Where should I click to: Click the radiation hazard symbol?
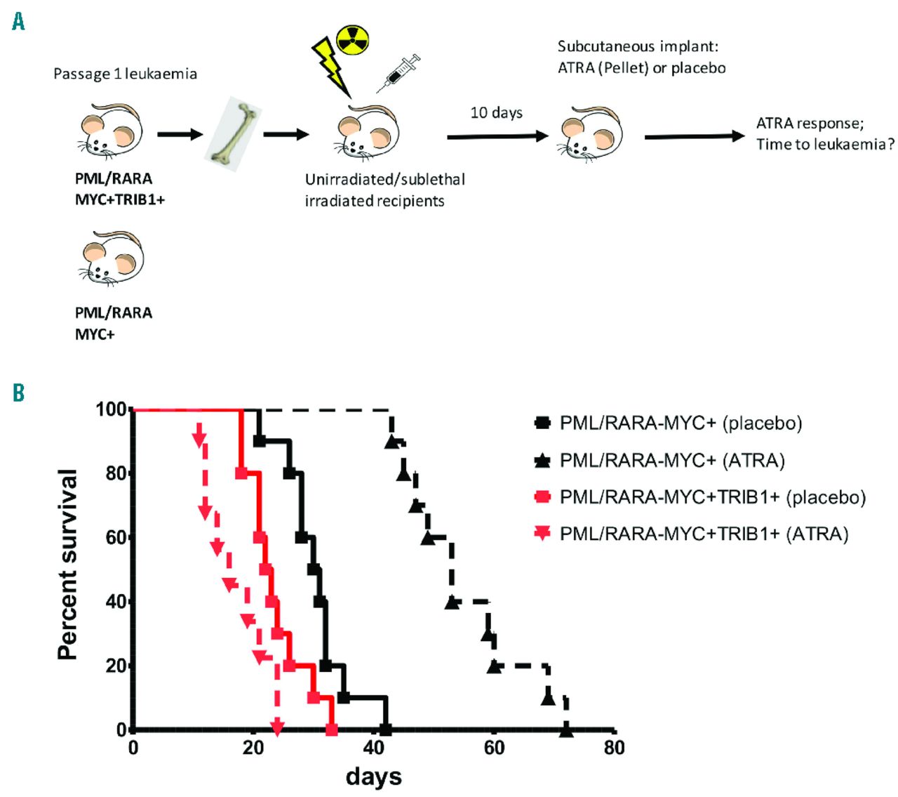click(352, 39)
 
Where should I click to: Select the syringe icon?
click(398, 73)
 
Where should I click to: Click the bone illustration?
click(232, 134)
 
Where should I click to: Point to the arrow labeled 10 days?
click(497, 136)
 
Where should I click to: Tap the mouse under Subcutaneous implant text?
click(591, 133)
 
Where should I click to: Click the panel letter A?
click(19, 22)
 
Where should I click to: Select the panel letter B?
click(19, 393)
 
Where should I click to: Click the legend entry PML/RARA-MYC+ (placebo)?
click(681, 423)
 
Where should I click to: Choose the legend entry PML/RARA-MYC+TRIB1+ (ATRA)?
click(704, 534)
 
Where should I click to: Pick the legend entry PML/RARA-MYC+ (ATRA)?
click(672, 461)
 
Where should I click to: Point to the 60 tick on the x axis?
click(494, 748)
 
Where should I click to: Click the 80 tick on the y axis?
click(116, 473)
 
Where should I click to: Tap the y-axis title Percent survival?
click(68, 564)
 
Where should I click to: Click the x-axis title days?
click(373, 777)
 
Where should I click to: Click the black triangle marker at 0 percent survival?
click(566, 730)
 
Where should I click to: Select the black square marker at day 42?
click(385, 729)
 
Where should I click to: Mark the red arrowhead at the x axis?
click(277, 727)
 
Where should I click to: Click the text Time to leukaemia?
click(825, 145)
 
